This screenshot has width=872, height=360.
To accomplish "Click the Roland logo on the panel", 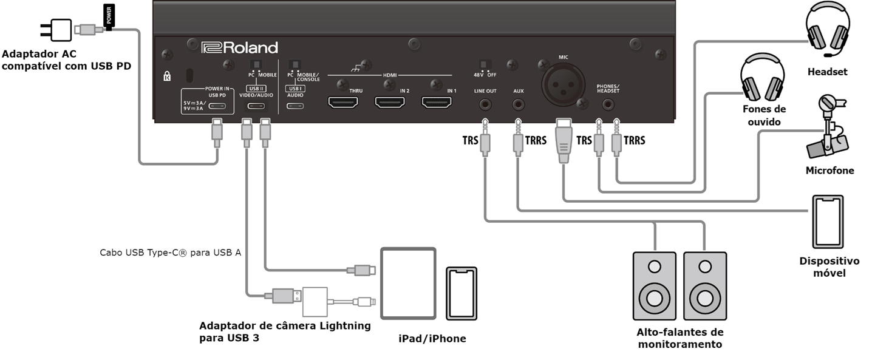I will click(x=239, y=48).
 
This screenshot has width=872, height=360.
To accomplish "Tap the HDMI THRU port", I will click(x=343, y=102).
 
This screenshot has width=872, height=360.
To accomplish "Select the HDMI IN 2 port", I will click(x=390, y=102).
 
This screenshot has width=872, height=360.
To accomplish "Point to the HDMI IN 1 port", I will click(x=437, y=102).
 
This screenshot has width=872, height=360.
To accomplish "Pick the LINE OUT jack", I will click(x=485, y=104).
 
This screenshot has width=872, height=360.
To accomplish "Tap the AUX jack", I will click(x=517, y=104).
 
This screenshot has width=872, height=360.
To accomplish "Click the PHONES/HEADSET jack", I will click(x=608, y=104).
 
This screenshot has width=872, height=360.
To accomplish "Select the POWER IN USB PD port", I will click(x=217, y=106).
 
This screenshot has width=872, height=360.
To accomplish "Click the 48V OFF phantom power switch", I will click(x=486, y=64).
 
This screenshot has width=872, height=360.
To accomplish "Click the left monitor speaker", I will click(x=655, y=286).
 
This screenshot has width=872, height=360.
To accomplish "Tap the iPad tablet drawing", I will click(x=408, y=283).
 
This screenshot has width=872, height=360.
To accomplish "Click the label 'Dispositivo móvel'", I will click(x=829, y=267).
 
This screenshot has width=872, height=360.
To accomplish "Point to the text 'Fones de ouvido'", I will click(x=764, y=115).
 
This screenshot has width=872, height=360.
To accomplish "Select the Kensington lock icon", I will click(x=167, y=77).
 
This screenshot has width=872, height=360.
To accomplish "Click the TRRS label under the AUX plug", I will click(x=536, y=140).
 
